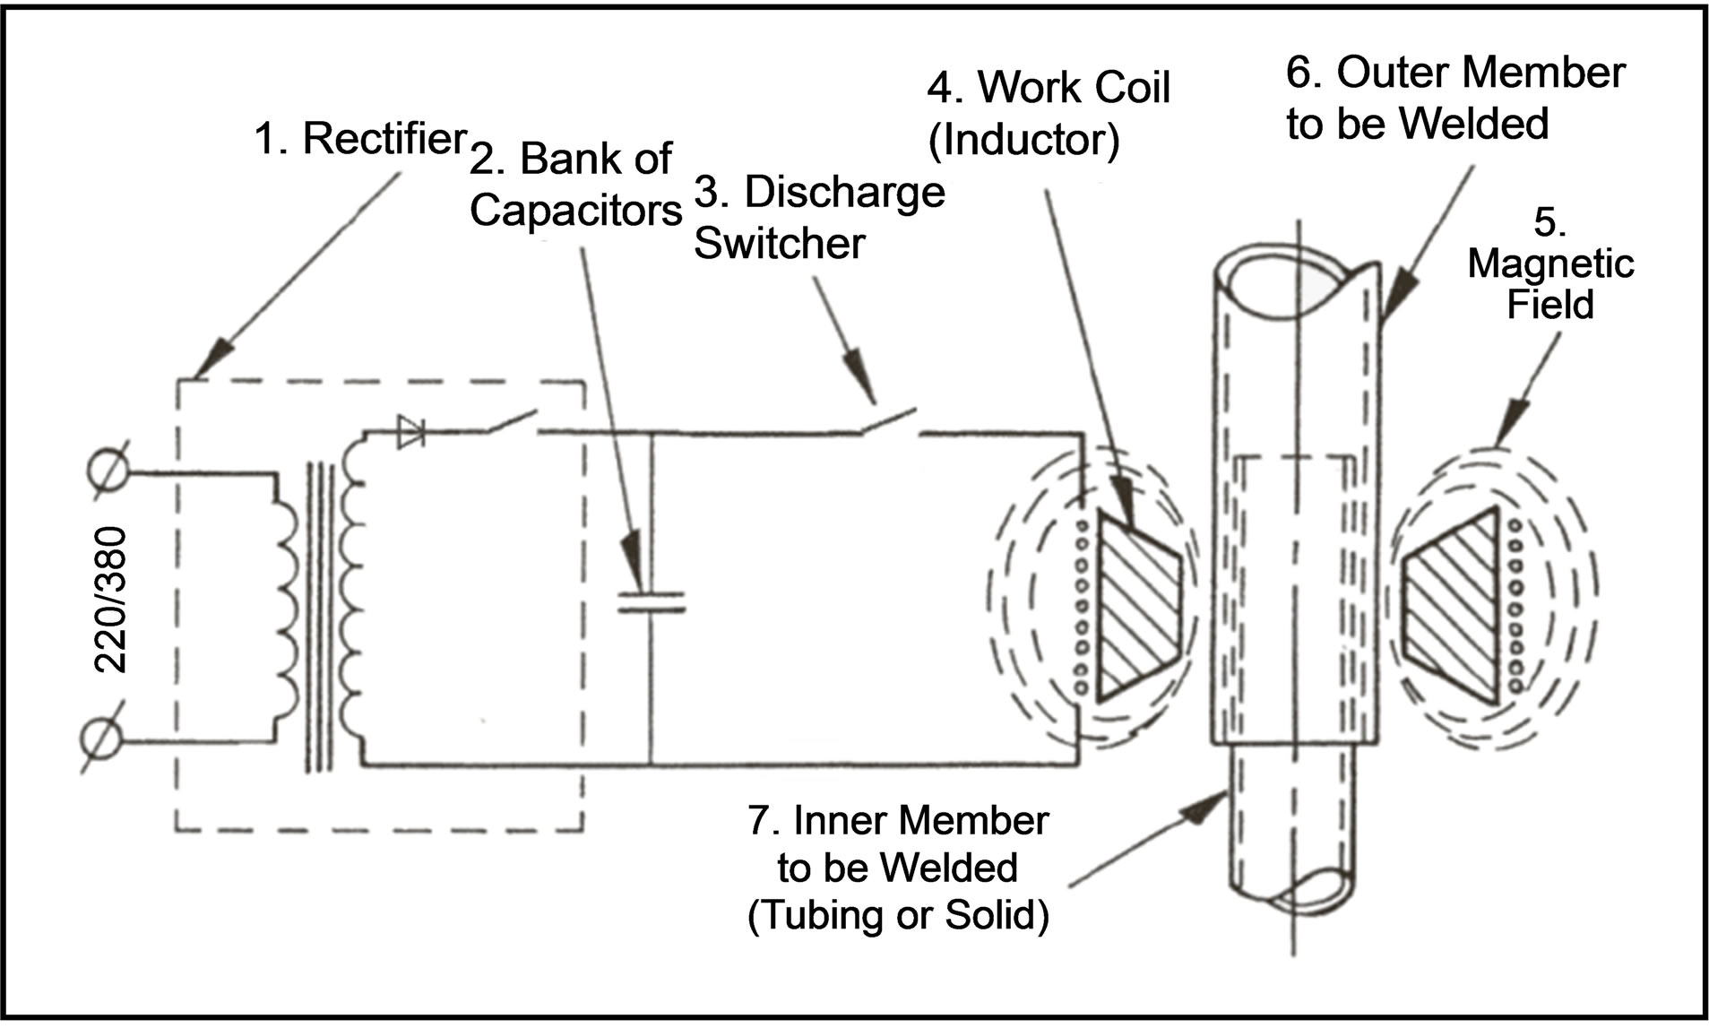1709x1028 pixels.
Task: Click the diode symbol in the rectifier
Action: tap(413, 430)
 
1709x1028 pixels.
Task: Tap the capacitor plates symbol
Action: tap(652, 601)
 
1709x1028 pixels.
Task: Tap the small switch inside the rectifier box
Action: tap(512, 421)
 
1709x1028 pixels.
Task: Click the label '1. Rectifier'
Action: tap(360, 139)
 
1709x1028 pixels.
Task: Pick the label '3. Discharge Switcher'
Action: tap(818, 218)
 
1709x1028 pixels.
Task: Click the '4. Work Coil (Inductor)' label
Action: tap(1048, 114)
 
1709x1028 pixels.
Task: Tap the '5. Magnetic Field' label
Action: tap(1549, 263)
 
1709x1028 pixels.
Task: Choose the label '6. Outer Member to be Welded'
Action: tap(1454, 99)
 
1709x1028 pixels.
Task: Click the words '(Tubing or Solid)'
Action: tap(897, 916)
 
